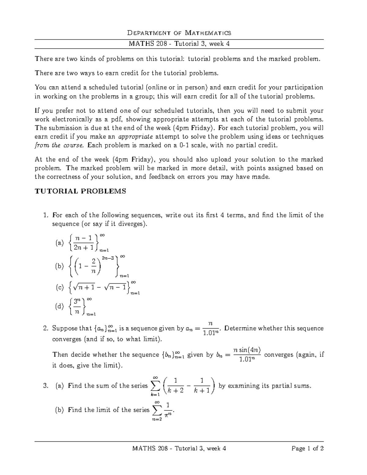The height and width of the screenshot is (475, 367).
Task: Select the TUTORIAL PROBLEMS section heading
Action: click(x=80, y=191)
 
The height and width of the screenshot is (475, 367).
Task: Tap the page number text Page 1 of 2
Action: click(x=307, y=448)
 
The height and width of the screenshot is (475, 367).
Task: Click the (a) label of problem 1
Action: click(x=59, y=243)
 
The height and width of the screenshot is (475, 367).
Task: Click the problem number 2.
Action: click(x=46, y=328)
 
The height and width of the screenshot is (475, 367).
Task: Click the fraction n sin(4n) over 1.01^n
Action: click(x=247, y=355)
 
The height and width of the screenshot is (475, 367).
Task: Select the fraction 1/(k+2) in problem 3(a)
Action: click(x=175, y=386)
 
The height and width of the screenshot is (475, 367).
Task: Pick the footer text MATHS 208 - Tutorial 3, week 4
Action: click(x=179, y=448)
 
